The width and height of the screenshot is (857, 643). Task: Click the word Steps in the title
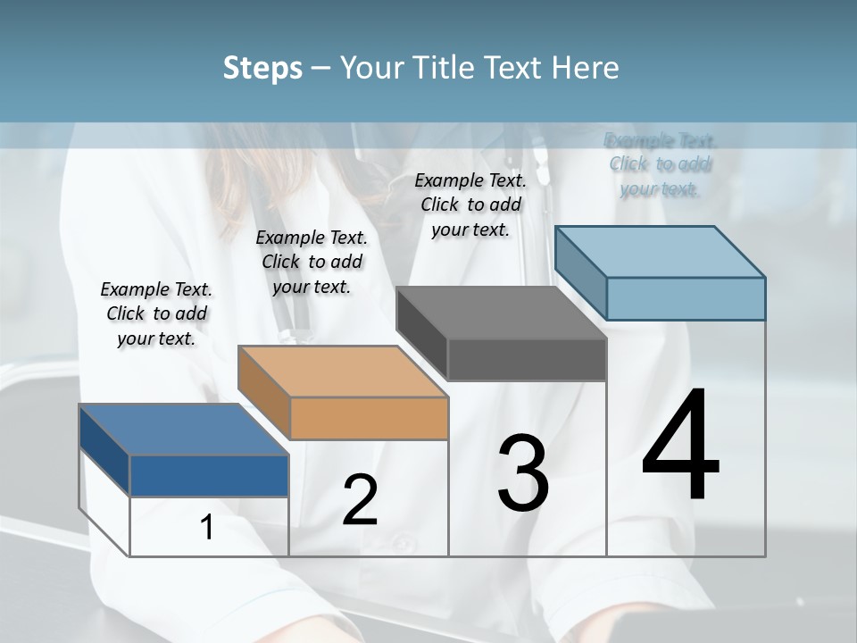262,68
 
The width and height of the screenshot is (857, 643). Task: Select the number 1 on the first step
207,528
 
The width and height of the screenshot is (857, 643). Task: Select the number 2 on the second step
360,500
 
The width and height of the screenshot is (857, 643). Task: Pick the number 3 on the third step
523,473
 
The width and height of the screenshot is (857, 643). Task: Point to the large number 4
680,446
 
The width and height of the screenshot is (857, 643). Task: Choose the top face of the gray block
501,313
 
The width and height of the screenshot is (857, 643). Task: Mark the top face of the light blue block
660,252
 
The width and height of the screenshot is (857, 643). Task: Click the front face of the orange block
370,418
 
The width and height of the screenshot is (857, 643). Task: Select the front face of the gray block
528,360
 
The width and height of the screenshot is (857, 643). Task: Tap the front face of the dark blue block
210,476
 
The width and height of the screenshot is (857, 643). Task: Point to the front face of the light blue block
686,298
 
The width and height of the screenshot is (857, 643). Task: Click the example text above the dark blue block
156,314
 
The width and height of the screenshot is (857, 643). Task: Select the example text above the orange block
312,263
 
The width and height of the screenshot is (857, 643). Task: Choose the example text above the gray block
470,205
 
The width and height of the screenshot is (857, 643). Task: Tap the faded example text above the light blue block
660,164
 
